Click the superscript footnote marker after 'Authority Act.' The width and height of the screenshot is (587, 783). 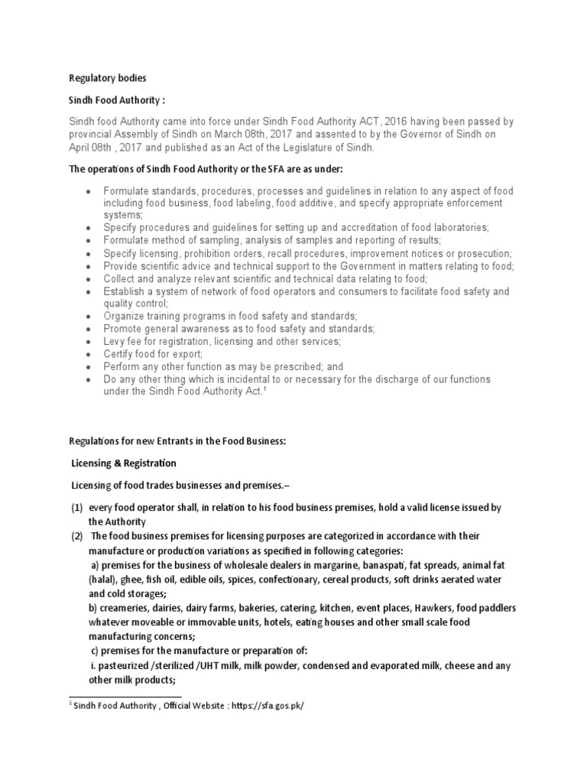tap(264, 389)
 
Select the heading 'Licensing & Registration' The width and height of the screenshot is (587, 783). tap(123, 463)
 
